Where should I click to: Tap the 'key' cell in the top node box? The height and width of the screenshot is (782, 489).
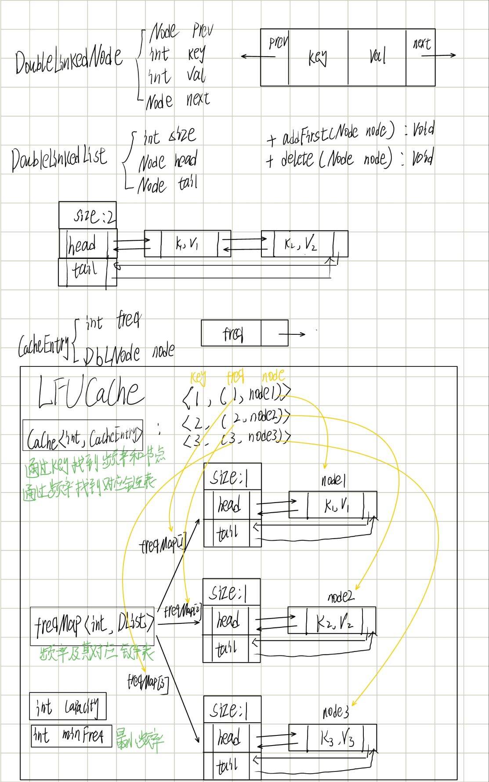tap(318, 57)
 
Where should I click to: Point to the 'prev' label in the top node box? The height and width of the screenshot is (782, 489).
tap(278, 43)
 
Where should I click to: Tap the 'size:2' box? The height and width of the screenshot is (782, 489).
tap(87, 215)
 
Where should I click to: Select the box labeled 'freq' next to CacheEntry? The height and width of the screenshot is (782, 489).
tap(231, 333)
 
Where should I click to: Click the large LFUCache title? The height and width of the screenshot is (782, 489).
tap(91, 392)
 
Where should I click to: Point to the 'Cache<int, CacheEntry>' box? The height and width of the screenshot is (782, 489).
tap(83, 435)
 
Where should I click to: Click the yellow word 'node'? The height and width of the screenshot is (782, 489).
tap(273, 376)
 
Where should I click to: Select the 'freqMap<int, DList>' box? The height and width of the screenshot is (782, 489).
tap(92, 626)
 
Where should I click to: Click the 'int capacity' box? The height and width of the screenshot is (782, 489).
tap(68, 706)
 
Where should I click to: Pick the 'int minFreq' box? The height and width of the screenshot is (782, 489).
tap(71, 736)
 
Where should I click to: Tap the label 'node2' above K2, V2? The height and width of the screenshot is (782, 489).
tap(340, 597)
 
